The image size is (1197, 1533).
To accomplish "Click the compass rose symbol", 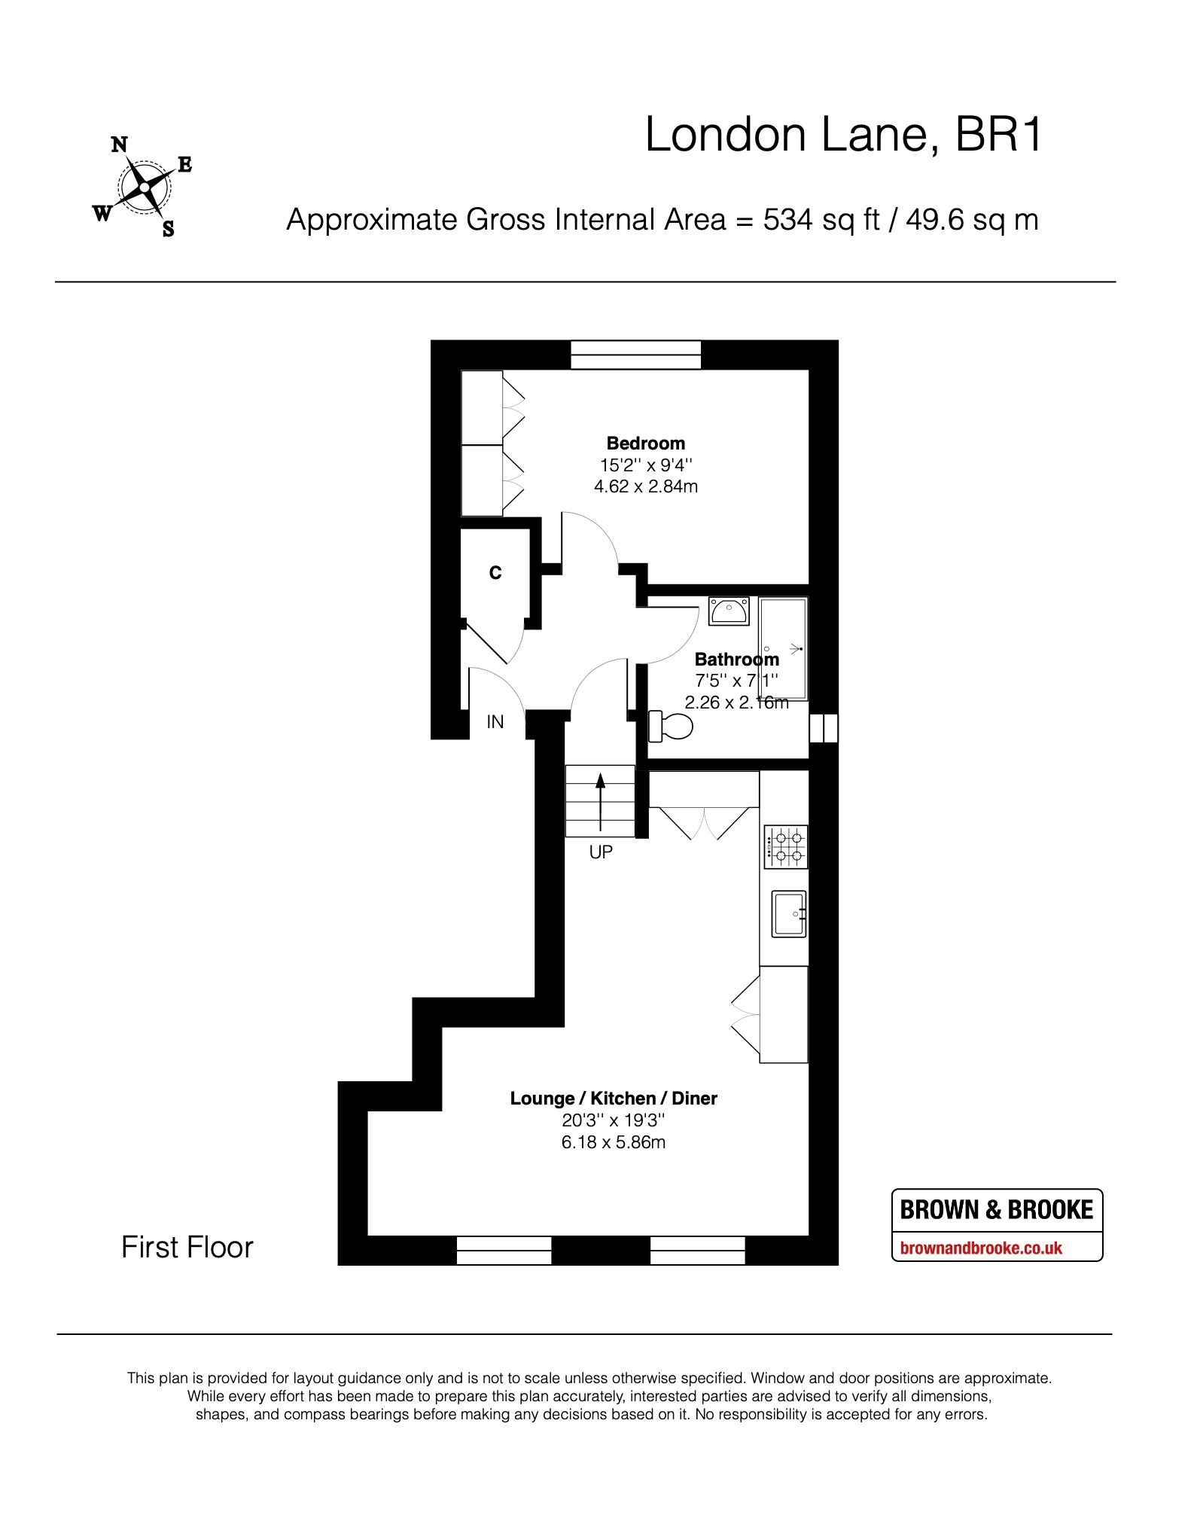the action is point(143,187).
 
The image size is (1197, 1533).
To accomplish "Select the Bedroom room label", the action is point(646,443).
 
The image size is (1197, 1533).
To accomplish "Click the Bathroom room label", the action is point(736,660).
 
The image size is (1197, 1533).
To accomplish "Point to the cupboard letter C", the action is point(495,573).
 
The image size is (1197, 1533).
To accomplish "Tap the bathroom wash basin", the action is point(729,611).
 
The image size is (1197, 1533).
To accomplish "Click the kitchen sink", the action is point(788,914).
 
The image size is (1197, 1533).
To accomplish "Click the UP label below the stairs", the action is point(602,852).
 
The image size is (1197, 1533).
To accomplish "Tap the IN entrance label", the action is point(495,722).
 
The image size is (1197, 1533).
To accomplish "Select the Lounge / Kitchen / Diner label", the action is point(614,1099).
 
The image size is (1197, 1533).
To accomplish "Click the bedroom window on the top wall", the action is point(636,355).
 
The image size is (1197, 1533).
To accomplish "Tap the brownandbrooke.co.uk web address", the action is point(982,1248).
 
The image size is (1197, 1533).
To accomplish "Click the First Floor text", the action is point(187,1248).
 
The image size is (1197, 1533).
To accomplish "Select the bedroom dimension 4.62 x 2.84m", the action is point(646,486).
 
